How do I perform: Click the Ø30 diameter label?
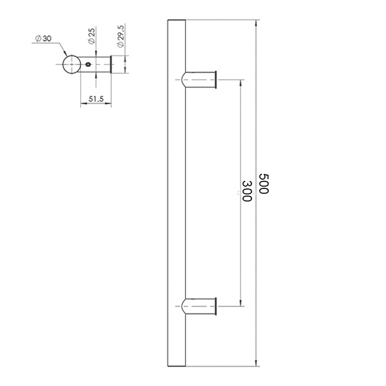click(x=43, y=39)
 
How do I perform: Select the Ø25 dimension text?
click(x=91, y=36)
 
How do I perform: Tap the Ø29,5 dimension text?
click(x=121, y=36)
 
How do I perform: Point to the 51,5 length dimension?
click(x=96, y=99)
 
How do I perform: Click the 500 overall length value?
click(x=264, y=183)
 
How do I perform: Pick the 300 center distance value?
click(x=247, y=191)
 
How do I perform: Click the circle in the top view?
click(x=71, y=64)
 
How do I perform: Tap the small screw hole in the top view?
click(x=88, y=64)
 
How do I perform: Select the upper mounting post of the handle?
click(x=199, y=80)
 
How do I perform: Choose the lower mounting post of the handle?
click(x=199, y=306)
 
